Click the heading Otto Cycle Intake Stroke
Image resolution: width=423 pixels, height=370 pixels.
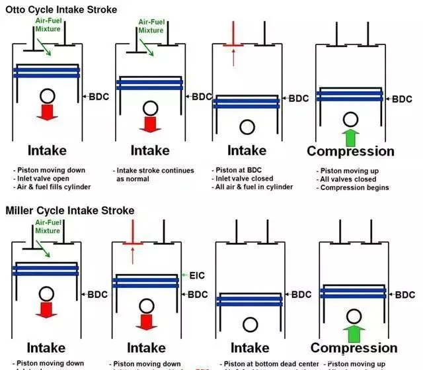click(61, 9)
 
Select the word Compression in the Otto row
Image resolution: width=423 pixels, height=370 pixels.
click(350, 151)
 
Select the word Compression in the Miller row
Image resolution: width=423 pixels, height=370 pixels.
click(354, 348)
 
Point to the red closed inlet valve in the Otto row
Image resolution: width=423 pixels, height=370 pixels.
click(232, 45)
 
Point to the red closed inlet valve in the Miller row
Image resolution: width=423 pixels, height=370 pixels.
click(133, 244)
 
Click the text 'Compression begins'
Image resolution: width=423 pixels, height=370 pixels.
click(354, 187)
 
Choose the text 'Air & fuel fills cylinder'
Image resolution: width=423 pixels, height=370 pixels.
click(52, 187)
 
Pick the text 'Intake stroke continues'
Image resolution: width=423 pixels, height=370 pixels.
click(154, 170)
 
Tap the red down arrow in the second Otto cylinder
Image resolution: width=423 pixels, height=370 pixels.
click(149, 122)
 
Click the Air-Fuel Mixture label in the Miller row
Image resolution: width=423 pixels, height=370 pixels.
click(48, 226)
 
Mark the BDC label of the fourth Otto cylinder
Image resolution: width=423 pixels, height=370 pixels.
click(402, 99)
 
